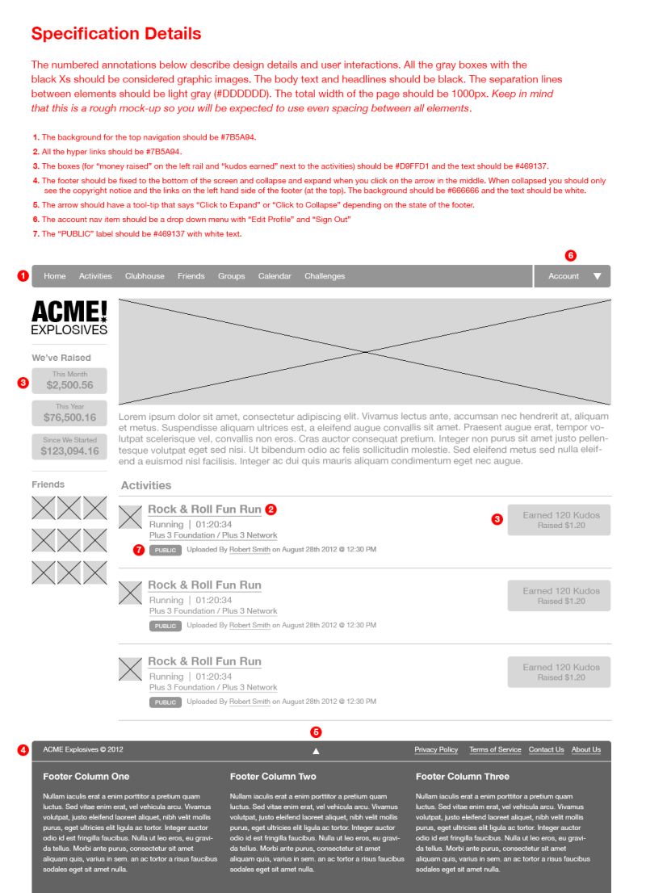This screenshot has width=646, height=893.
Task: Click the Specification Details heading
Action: click(116, 34)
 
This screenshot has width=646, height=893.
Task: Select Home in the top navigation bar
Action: click(55, 276)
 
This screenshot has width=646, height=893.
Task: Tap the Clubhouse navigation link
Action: click(145, 276)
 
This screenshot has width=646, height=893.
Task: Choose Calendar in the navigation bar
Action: click(275, 276)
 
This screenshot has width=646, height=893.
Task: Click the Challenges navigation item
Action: click(325, 276)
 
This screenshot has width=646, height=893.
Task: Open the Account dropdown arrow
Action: click(598, 276)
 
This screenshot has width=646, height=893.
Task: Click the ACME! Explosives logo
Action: click(69, 317)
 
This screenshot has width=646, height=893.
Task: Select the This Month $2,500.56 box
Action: click(69, 381)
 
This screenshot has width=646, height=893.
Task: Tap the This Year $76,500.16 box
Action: click(69, 413)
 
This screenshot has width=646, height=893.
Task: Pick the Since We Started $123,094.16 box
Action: click(69, 446)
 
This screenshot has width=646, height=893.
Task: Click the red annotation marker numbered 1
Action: click(23, 276)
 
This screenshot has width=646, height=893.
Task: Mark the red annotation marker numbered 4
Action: click(23, 749)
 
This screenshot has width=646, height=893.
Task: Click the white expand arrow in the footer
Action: click(316, 751)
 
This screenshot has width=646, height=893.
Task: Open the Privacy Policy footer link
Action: click(436, 749)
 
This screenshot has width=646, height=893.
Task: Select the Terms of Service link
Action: click(495, 749)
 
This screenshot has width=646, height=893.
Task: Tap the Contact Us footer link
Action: click(547, 749)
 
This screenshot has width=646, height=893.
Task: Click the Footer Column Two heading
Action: click(273, 777)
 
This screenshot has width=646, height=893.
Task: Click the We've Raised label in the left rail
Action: click(61, 358)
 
